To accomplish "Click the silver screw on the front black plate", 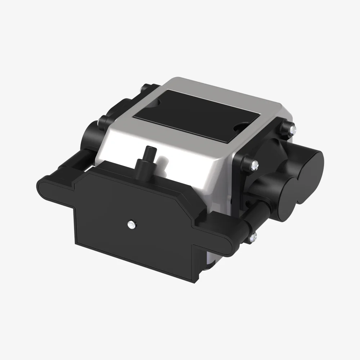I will [130, 224].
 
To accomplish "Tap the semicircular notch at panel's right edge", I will [239, 126].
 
